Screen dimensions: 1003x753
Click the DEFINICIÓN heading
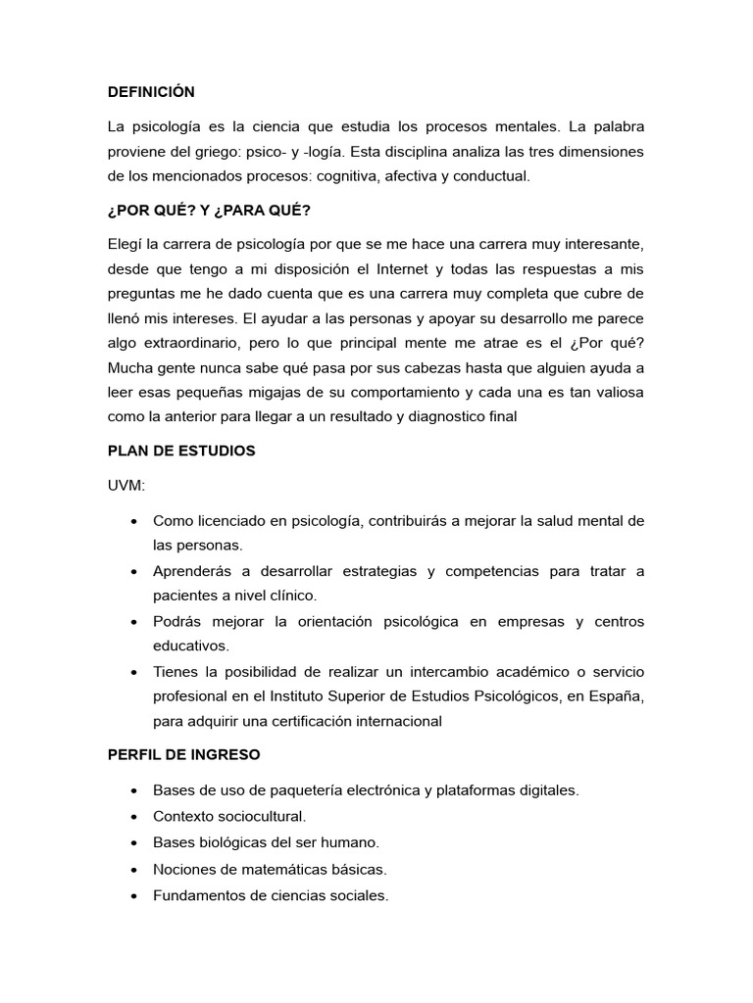point(152,92)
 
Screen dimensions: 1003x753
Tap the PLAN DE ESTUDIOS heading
point(181,452)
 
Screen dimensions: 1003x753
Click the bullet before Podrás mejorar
point(132,622)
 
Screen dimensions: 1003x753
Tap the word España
point(621,696)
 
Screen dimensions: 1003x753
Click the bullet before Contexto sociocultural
point(132,816)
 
